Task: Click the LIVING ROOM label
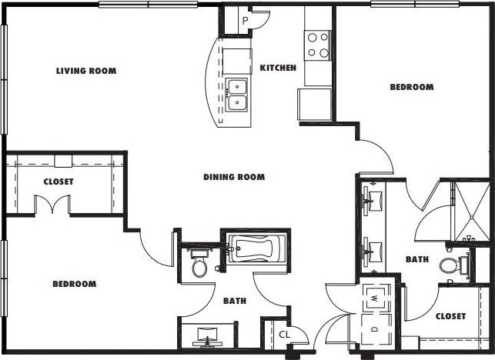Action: click(x=86, y=72)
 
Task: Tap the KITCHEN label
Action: click(x=278, y=68)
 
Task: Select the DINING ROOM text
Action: click(x=234, y=178)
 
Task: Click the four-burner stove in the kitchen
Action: click(x=318, y=44)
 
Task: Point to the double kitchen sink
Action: click(x=237, y=93)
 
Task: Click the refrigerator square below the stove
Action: click(x=315, y=104)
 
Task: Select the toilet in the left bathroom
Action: click(x=199, y=266)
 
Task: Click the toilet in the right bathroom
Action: click(x=452, y=265)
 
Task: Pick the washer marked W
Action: click(x=374, y=296)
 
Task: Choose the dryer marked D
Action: click(x=374, y=328)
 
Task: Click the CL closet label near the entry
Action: click(x=284, y=335)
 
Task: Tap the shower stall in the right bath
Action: click(x=467, y=208)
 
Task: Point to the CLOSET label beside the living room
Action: click(x=59, y=182)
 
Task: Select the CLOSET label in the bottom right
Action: click(x=450, y=316)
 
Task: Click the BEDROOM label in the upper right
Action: click(x=411, y=88)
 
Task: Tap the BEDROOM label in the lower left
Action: click(x=74, y=285)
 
